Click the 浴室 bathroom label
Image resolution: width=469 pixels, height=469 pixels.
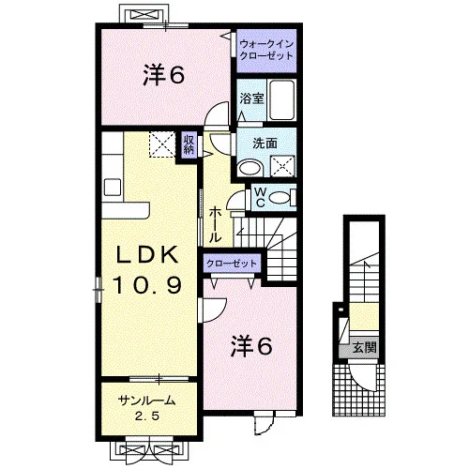251,98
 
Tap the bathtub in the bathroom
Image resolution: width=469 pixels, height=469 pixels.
282,99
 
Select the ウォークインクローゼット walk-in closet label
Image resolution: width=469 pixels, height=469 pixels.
266,50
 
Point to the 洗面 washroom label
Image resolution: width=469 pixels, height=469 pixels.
265,144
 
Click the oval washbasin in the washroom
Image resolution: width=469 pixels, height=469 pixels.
250,168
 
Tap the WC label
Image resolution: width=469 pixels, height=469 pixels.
260,198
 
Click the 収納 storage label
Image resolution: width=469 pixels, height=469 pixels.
189,144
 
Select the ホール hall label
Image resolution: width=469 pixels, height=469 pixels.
215,224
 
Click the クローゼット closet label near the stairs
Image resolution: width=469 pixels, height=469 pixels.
232,264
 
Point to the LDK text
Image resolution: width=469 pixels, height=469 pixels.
147,255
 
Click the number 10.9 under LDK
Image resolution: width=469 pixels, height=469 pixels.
147,285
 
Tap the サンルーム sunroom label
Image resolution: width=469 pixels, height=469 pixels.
146,401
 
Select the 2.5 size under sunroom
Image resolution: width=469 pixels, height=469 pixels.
147,416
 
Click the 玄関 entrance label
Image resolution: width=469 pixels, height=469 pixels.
365,347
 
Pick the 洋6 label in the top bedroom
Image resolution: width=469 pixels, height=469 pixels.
163,75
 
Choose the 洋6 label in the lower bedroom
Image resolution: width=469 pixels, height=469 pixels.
251,346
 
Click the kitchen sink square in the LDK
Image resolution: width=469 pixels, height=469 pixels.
113,187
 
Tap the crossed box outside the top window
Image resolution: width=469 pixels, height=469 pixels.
144,15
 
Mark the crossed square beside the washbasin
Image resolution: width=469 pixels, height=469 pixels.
282,166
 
